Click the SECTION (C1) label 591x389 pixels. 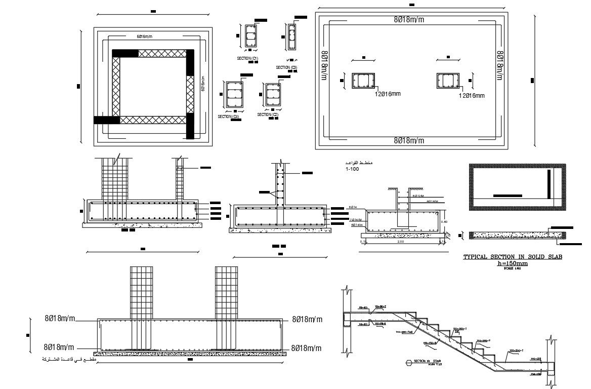[247, 59]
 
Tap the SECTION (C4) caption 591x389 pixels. [228, 116]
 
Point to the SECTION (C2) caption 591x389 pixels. [268, 114]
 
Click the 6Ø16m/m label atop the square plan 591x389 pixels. [144, 36]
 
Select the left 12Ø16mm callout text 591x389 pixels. [388, 94]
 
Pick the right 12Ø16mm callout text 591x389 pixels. [472, 95]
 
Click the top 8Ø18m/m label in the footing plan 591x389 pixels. [409, 20]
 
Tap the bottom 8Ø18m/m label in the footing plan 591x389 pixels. [409, 140]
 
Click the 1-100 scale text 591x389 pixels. [352, 169]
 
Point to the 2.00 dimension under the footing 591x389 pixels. [401, 242]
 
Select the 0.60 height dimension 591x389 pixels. [445, 221]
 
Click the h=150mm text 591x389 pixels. [513, 263]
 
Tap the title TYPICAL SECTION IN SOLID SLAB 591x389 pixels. [513, 257]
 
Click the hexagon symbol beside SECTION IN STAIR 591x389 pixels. [408, 362]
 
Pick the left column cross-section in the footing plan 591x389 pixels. [363, 81]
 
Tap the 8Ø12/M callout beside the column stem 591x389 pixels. [418, 195]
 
